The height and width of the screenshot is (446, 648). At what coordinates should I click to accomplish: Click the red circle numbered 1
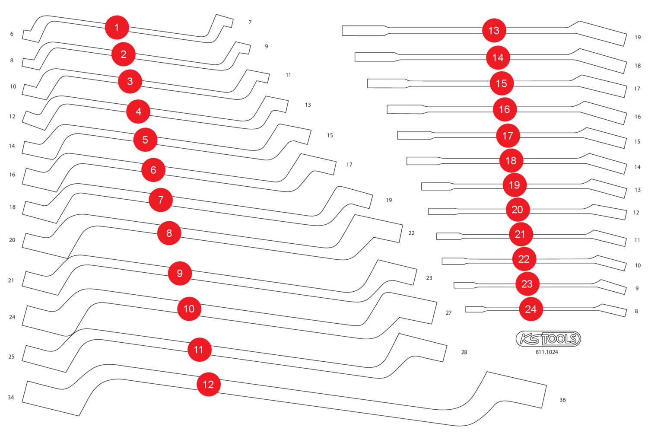tap(117, 28)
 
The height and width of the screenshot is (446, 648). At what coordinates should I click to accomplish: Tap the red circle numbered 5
tap(145, 140)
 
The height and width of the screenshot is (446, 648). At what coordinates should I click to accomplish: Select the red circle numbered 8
tap(169, 233)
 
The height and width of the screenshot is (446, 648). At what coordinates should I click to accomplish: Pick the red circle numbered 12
tap(208, 384)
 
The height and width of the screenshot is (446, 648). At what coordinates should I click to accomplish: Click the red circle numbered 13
tap(494, 31)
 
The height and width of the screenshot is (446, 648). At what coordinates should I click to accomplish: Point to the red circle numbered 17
tap(508, 136)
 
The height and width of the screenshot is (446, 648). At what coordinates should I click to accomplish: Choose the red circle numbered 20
tap(517, 210)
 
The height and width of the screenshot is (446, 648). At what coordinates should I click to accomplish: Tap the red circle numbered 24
tap(530, 309)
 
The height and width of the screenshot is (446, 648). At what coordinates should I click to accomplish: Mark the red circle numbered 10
tap(189, 309)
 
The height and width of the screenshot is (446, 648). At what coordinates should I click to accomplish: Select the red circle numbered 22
tap(524, 259)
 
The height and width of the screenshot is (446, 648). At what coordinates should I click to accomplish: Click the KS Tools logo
tap(548, 339)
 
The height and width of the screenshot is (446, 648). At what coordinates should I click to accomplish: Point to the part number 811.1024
tap(546, 352)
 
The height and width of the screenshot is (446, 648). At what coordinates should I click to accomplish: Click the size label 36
tap(562, 400)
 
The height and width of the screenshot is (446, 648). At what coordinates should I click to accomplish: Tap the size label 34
tap(11, 398)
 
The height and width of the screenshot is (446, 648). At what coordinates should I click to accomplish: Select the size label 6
tap(12, 34)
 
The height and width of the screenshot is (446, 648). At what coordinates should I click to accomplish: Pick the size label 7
tap(250, 22)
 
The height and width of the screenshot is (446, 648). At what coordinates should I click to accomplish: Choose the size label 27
tap(448, 313)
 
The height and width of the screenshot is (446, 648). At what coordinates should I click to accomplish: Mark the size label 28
tap(464, 353)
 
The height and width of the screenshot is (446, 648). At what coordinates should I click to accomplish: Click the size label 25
tap(11, 357)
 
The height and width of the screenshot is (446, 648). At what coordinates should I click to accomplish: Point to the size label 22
tap(411, 233)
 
